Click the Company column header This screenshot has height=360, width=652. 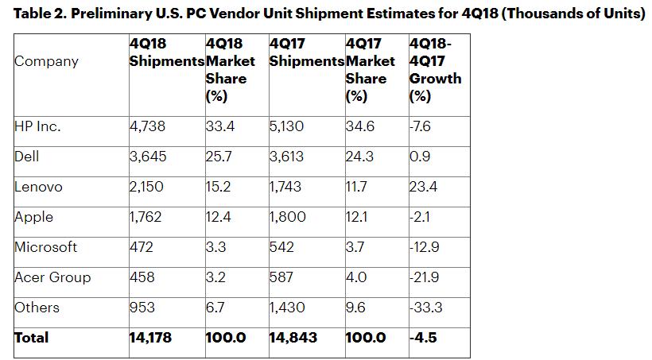[46, 61]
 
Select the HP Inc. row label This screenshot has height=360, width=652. [37, 126]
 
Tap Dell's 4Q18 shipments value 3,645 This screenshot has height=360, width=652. [148, 157]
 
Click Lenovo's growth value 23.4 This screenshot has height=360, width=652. [424, 187]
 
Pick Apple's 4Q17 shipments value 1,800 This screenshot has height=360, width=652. [287, 217]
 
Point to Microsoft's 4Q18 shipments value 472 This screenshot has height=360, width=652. [142, 247]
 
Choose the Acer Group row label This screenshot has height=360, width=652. [52, 277]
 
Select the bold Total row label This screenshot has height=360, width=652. [32, 338]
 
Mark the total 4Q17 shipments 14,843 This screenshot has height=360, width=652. [293, 338]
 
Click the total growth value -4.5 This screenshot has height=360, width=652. [423, 338]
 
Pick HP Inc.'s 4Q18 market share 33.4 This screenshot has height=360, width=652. [219, 126]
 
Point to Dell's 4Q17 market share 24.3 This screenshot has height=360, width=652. [360, 157]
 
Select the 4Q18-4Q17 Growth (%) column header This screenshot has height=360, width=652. [435, 70]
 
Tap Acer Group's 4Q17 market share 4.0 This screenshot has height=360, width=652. [357, 277]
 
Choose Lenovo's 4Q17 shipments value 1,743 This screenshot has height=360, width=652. [286, 187]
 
